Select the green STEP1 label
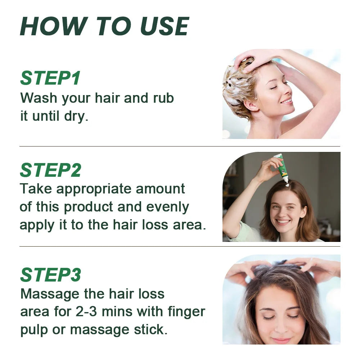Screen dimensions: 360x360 [50, 78]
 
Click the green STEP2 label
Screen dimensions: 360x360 [51, 170]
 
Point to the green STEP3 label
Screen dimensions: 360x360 [51, 275]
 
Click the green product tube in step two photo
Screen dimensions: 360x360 [282, 167]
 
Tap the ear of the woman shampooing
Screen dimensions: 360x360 [250, 105]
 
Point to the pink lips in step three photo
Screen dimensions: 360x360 [281, 340]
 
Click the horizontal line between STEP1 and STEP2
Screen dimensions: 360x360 [180, 147]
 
